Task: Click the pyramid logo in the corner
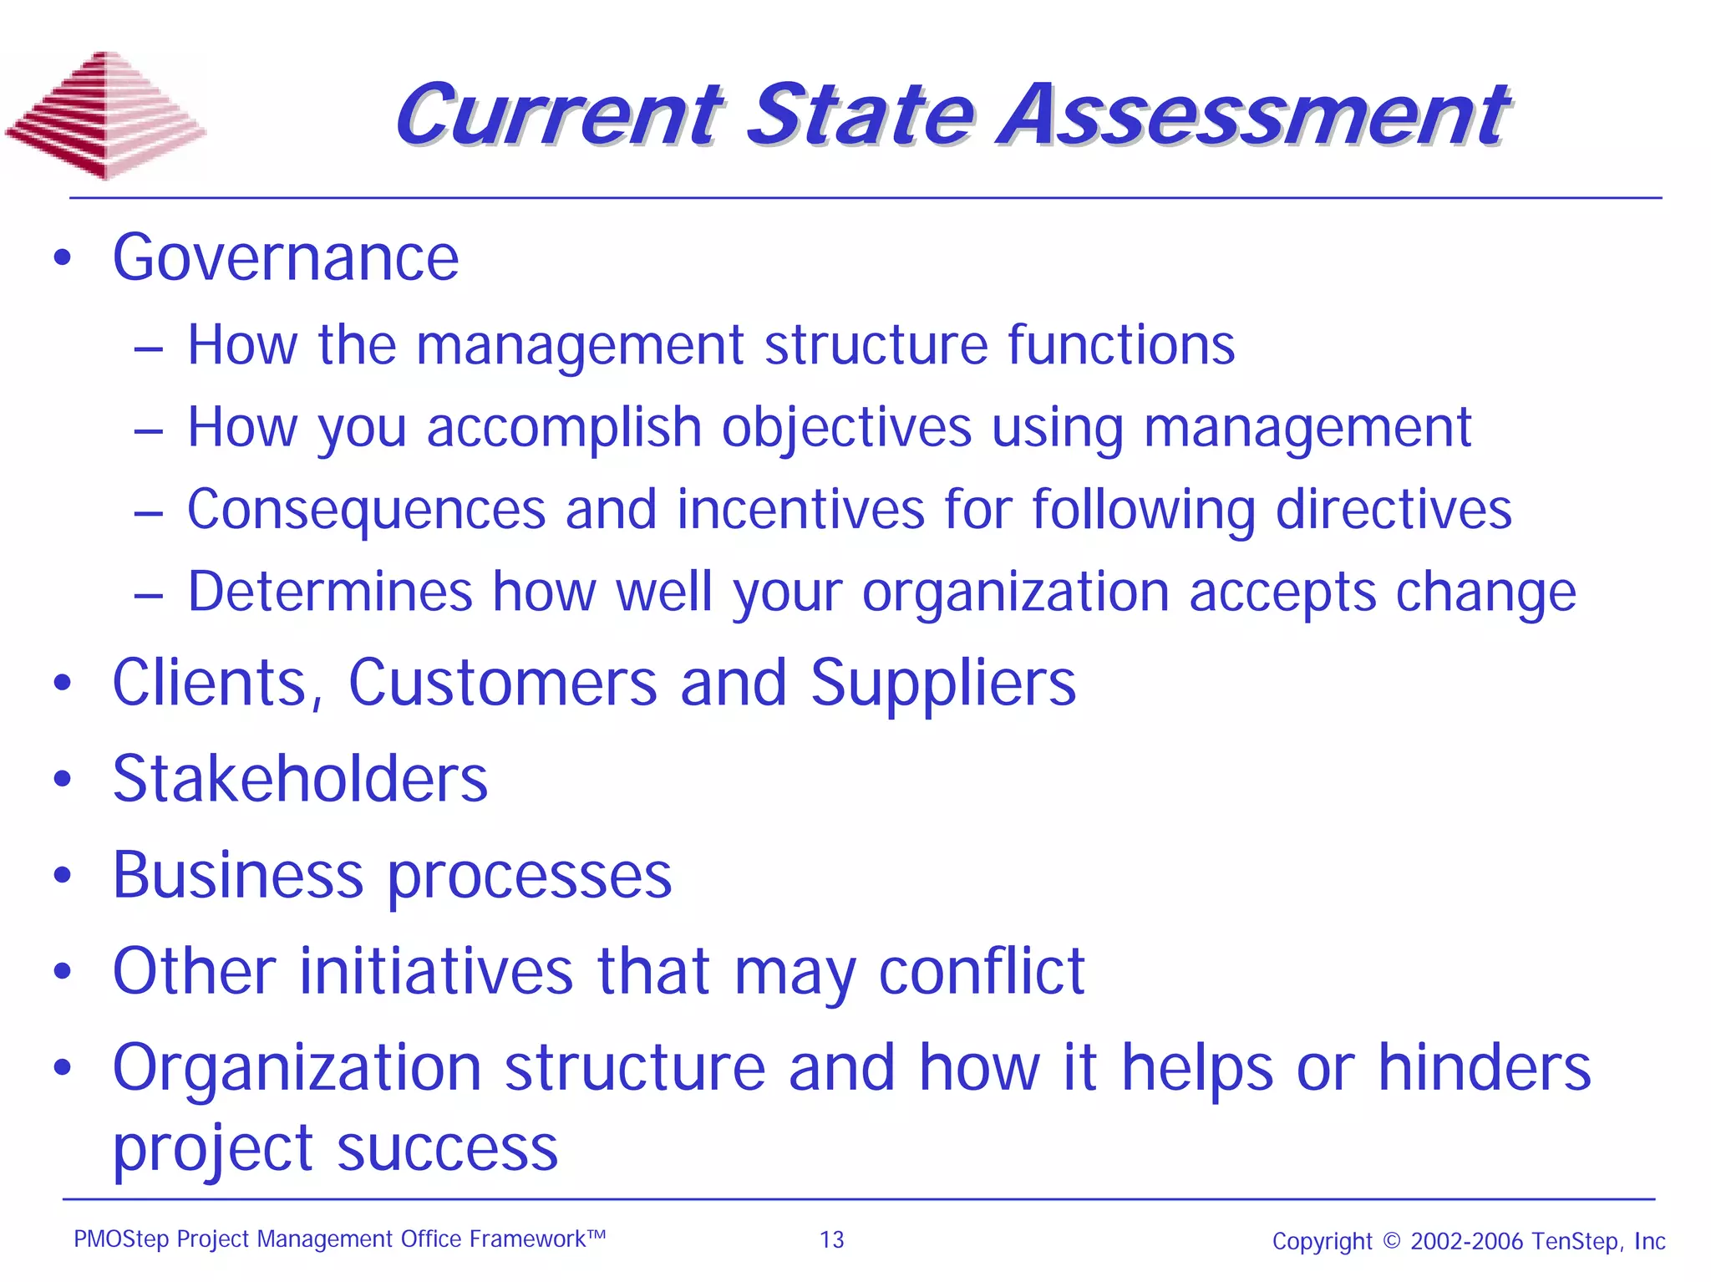pyautogui.click(x=105, y=114)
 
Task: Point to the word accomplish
pyautogui.click(x=564, y=428)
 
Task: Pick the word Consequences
pyautogui.click(x=366, y=509)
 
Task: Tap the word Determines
pyautogui.click(x=330, y=592)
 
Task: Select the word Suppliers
pyautogui.click(x=943, y=684)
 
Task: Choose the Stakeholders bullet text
pyautogui.click(x=300, y=779)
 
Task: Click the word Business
pyautogui.click(x=238, y=875)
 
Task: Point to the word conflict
pyautogui.click(x=982, y=971)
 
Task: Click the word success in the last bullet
pyautogui.click(x=448, y=1148)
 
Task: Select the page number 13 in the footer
pyautogui.click(x=832, y=1239)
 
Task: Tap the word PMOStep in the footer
pyautogui.click(x=121, y=1239)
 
